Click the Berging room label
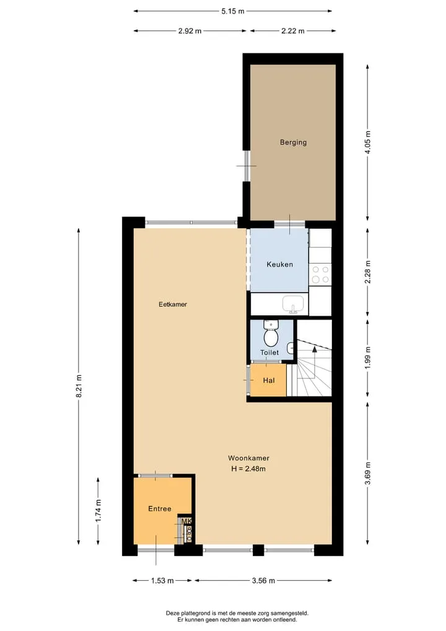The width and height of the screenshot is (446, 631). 294,142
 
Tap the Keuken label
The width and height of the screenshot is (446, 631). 279,264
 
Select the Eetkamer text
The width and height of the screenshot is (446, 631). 173,304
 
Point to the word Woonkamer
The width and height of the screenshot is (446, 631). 249,458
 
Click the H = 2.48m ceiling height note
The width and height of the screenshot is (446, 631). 248,468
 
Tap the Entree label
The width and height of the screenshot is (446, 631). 160,509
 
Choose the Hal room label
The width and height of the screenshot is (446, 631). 269,380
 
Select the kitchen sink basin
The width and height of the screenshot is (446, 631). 294,304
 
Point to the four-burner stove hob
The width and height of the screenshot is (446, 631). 320,274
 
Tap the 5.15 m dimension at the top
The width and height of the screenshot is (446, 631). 233,11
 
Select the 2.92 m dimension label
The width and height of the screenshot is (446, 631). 190,30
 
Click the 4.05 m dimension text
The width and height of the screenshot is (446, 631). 368,143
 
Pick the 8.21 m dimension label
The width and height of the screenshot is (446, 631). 79,387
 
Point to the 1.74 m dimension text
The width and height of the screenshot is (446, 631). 98,511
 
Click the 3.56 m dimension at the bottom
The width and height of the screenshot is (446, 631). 264,580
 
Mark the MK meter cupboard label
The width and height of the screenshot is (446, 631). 186,522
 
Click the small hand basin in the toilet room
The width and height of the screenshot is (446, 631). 291,346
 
